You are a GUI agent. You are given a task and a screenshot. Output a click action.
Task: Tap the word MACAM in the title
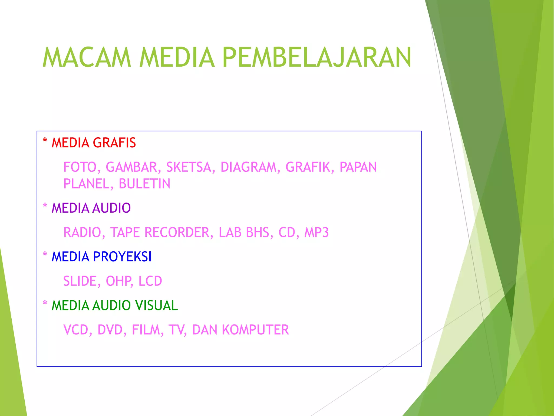87,57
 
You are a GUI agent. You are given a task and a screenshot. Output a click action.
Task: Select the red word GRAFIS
115,143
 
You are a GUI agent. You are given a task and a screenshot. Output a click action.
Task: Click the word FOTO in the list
80,167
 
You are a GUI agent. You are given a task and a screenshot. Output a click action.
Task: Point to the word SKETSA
189,167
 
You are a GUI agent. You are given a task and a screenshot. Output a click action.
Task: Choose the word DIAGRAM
248,167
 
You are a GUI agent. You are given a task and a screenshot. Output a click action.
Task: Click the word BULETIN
144,184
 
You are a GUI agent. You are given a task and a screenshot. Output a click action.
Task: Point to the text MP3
316,232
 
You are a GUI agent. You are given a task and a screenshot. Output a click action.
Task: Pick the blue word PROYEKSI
122,257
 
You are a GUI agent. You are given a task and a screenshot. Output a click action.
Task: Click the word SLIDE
80,281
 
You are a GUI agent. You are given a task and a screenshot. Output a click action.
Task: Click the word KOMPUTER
255,330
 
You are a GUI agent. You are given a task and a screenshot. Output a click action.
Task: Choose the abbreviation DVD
110,330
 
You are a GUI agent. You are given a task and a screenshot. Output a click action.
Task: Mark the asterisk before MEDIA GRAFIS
45,141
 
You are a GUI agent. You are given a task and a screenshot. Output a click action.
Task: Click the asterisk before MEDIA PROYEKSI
45,255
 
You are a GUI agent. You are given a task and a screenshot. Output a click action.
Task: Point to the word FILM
146,330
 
